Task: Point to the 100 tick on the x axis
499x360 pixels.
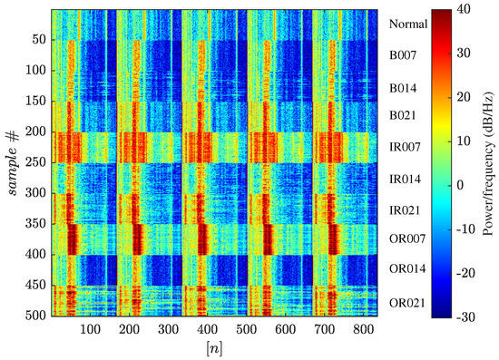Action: [x=91, y=331]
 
